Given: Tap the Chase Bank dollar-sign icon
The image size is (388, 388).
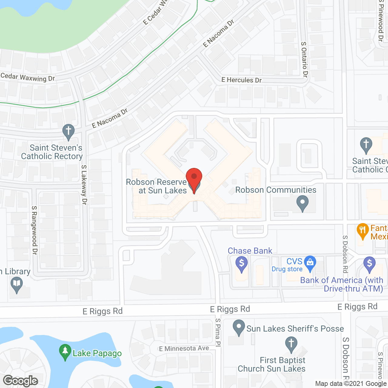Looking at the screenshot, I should click(242, 264).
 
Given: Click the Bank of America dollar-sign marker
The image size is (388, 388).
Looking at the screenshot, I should click(370, 264).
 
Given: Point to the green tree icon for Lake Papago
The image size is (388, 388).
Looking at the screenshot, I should click(65, 352).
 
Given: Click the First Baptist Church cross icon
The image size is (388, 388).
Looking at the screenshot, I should click(291, 344).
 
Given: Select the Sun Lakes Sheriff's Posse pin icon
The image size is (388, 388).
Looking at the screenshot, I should click(239, 327).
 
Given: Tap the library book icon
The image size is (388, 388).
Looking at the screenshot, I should click(17, 285).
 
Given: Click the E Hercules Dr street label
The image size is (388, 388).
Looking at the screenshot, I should click(241, 80).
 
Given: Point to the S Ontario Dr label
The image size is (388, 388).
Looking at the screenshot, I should click(304, 59).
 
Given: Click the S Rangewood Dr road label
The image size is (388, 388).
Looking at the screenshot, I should click(34, 230).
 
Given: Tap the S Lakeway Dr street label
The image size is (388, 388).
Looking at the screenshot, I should click(84, 185).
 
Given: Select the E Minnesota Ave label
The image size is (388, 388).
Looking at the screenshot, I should click(184, 349).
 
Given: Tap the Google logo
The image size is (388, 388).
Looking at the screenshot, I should click(21, 381).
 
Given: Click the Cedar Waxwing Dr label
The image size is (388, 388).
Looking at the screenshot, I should click(28, 77).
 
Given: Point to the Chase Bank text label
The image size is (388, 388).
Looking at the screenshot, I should click(250, 251).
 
